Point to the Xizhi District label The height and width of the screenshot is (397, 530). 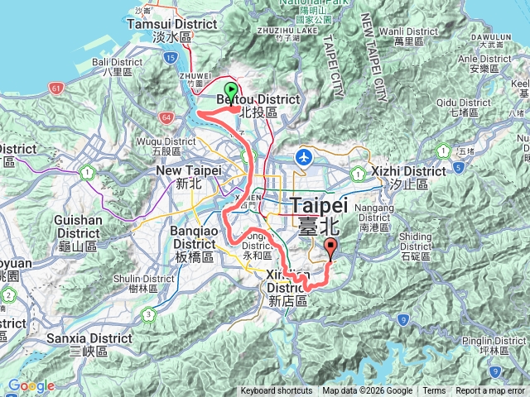click(x=409, y=171)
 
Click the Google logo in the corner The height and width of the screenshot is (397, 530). click(x=31, y=385)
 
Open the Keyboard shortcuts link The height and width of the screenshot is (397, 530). click(x=277, y=391)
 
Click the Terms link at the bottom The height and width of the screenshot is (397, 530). click(x=434, y=391)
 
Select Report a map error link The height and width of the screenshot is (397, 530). click(x=490, y=391)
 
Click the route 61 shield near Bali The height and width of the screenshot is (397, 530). click(x=55, y=87)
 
